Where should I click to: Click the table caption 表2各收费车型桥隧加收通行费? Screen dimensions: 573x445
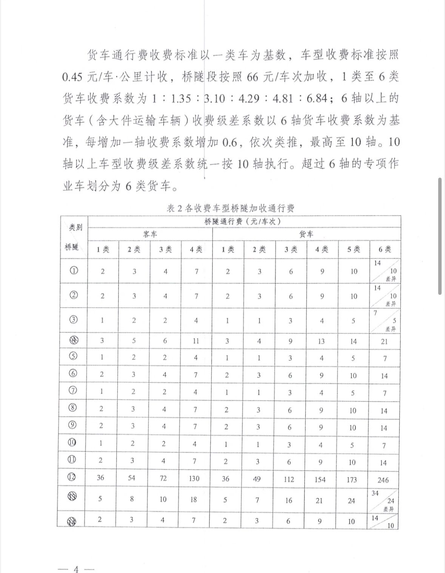click(x=230, y=208)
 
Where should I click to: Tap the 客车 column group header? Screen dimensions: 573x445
click(x=150, y=234)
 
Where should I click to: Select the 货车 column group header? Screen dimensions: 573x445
click(x=306, y=234)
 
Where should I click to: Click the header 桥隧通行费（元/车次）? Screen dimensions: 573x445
click(x=243, y=222)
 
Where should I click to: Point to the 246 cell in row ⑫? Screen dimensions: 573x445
click(x=383, y=480)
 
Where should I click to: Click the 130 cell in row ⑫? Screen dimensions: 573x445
click(x=194, y=479)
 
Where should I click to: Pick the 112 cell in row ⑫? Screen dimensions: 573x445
click(x=289, y=479)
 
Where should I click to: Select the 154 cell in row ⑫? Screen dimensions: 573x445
click(x=320, y=479)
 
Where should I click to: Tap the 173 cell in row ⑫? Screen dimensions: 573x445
click(x=351, y=480)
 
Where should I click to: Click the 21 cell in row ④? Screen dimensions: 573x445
click(x=384, y=342)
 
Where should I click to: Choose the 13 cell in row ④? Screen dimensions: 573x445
click(x=321, y=341)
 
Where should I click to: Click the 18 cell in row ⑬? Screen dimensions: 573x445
click(x=194, y=500)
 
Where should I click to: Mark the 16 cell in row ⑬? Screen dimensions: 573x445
click(x=289, y=500)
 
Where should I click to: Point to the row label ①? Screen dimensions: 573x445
click(x=74, y=271)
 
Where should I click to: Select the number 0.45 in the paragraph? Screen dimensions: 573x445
click(x=72, y=77)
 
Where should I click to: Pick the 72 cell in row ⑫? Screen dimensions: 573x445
click(x=163, y=478)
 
